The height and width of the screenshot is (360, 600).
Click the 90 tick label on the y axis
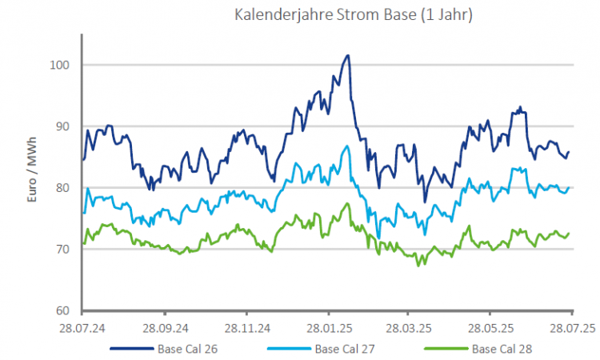pyautogui.click(x=67, y=126)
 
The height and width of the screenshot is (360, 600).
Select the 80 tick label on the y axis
pyautogui.click(x=67, y=188)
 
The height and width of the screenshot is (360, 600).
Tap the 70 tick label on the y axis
pyautogui.click(x=67, y=250)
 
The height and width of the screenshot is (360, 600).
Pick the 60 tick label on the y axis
pyautogui.click(x=67, y=311)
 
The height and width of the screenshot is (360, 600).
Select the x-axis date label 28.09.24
pyautogui.click(x=163, y=328)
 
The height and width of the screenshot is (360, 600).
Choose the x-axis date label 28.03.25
pyautogui.click(x=407, y=328)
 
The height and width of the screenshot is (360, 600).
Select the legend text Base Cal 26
pyautogui.click(x=187, y=349)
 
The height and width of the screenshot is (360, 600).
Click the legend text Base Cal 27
pyautogui.click(x=345, y=349)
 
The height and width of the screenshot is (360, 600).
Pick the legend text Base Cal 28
pyautogui.click(x=502, y=349)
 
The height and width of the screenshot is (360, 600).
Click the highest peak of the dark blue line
pyautogui.click(x=347, y=55)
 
